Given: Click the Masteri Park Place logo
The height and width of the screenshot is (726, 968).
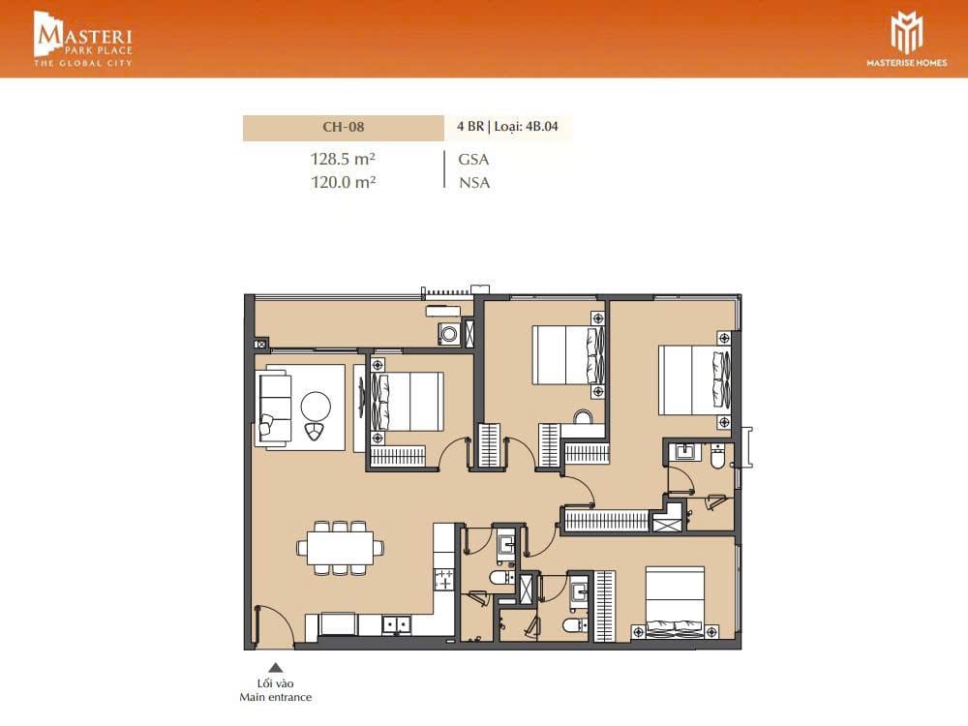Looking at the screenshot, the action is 82,39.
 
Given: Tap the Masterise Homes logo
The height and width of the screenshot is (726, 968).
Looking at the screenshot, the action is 906,39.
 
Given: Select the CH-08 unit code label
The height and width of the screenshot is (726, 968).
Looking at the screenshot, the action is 344,127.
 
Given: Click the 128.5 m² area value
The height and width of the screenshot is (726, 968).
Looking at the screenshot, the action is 344,159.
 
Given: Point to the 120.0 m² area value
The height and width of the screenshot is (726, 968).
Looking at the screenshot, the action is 344,182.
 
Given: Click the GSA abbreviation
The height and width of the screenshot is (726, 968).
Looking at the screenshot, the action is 473,160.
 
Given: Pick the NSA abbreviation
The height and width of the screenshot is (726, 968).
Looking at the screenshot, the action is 474,183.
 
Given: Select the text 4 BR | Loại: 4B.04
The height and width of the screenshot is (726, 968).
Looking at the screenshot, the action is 507,127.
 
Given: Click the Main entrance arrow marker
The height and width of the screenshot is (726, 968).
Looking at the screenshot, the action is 275,667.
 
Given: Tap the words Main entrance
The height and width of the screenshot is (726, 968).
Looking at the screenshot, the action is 275,697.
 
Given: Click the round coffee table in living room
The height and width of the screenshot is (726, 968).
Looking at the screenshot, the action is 316,407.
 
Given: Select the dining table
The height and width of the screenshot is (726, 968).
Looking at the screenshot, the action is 340,548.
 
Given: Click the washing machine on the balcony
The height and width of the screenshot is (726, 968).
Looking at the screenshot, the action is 449,334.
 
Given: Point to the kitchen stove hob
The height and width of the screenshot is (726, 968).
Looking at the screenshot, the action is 444,580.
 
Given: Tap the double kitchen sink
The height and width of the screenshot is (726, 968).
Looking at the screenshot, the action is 396,624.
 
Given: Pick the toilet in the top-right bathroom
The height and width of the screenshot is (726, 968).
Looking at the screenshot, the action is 718,457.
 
